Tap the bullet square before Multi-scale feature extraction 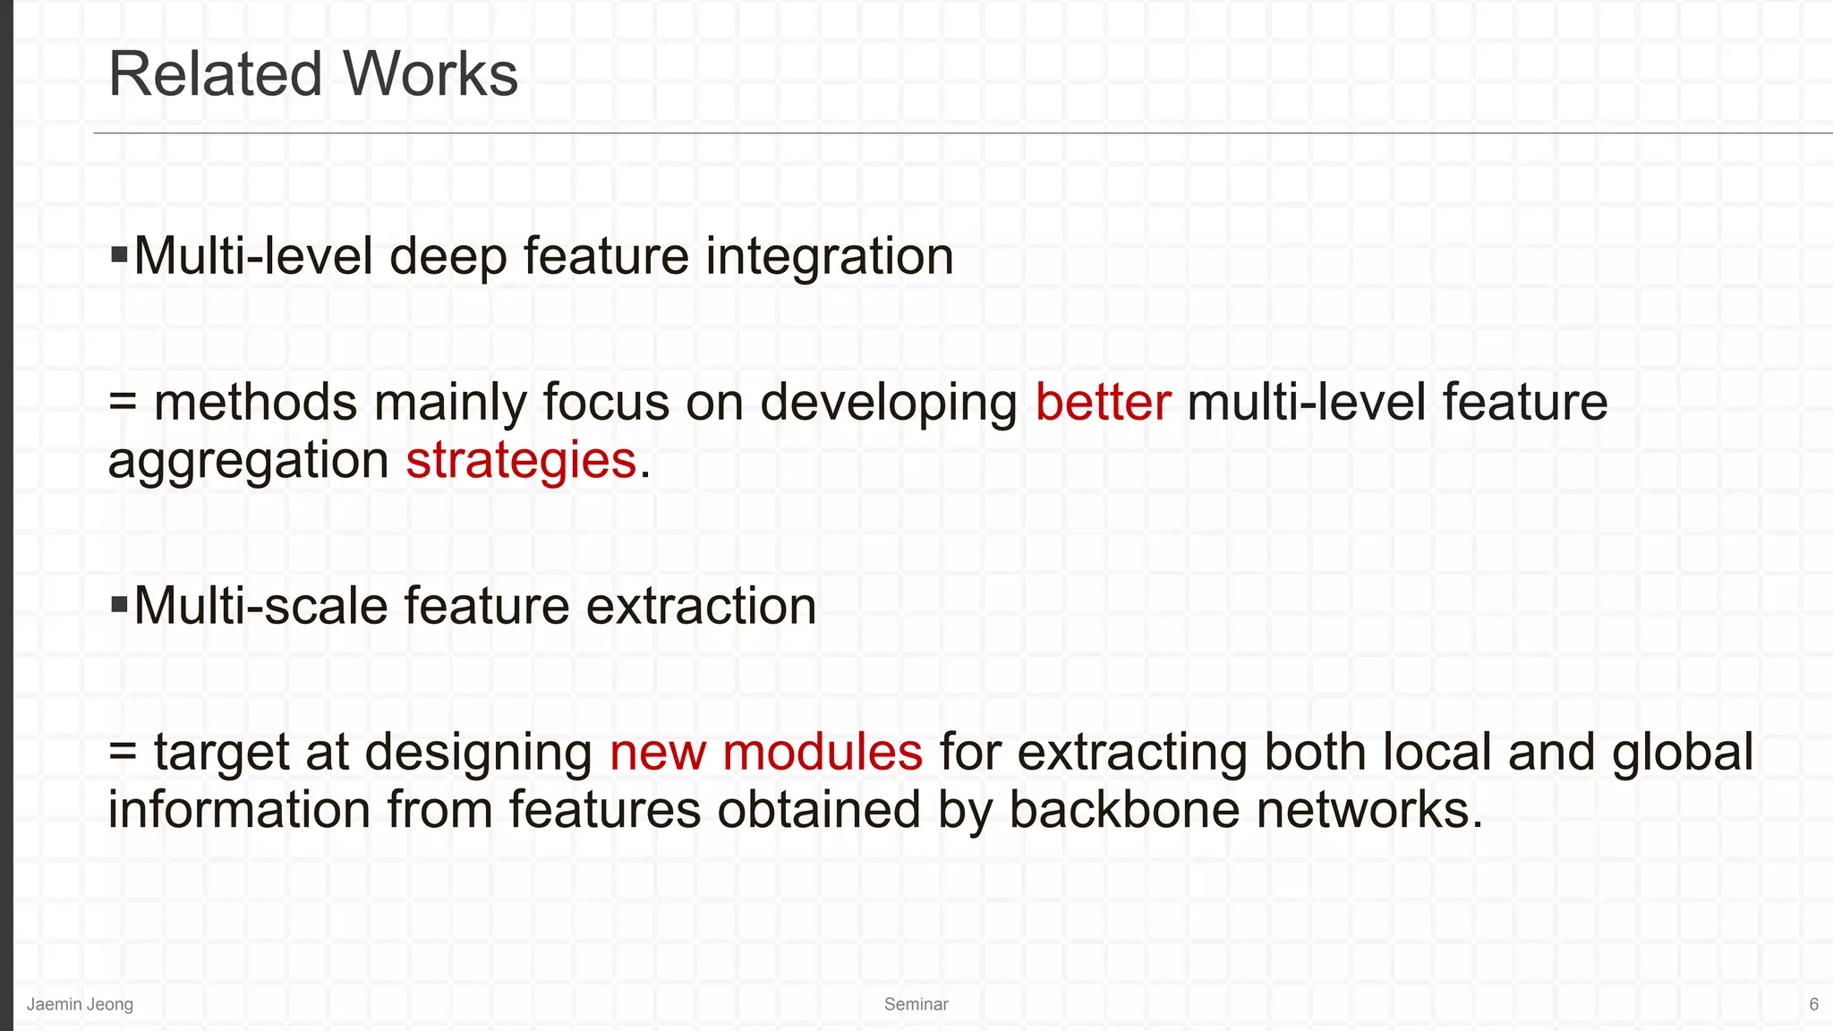pyautogui.click(x=119, y=605)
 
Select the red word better pyautogui.click(x=1103, y=402)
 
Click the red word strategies pyautogui.click(x=521, y=460)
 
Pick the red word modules pyautogui.click(x=822, y=752)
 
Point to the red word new pyautogui.click(x=658, y=752)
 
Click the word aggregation pyautogui.click(x=248, y=462)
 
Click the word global pyautogui.click(x=1682, y=752)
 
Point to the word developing pyautogui.click(x=888, y=404)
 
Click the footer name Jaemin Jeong pyautogui.click(x=80, y=1004)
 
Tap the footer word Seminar pyautogui.click(x=916, y=1004)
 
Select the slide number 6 pyautogui.click(x=1813, y=1004)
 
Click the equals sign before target pyautogui.click(x=123, y=754)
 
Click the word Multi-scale pyautogui.click(x=260, y=606)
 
